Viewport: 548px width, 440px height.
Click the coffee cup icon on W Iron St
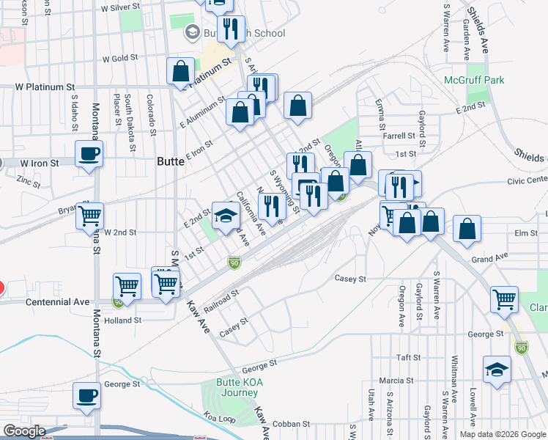[x=89, y=154]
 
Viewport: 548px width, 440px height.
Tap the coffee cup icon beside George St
[x=87, y=396]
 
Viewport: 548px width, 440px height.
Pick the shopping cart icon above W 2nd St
[x=90, y=216]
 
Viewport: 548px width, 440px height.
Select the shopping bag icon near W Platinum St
[x=180, y=72]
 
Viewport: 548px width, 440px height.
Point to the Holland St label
[x=123, y=320]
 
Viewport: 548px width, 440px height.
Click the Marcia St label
[x=397, y=381]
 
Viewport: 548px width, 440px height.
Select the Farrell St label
[x=399, y=136]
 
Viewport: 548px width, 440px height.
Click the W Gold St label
[x=120, y=59]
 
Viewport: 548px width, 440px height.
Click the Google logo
[x=23, y=431]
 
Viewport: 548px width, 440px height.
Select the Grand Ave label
[x=490, y=259]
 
